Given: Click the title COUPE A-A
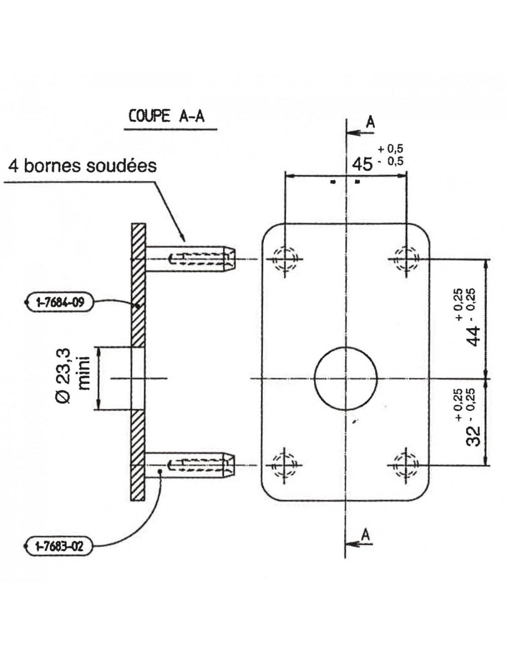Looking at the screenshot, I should pos(166,116).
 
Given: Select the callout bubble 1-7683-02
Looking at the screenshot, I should pos(60,547).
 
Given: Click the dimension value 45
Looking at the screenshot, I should pos(362,164).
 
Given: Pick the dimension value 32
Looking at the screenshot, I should pos(473,435).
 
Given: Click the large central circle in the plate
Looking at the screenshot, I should pos(346,379).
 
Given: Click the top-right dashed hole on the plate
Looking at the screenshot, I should pos(406,258).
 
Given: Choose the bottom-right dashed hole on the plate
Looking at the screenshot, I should pos(406,465).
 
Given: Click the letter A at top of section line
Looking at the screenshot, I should pos(370,122).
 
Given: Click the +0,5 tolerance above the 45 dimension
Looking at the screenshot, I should pos(390,149).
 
